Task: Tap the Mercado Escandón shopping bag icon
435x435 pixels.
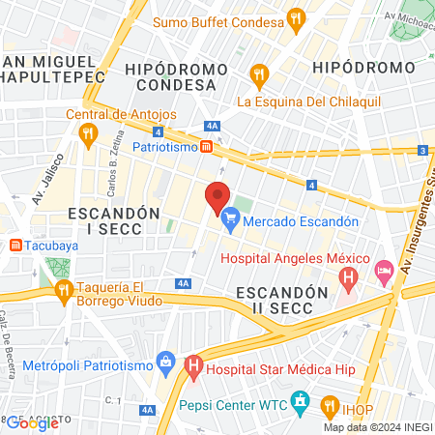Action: [x=230, y=221]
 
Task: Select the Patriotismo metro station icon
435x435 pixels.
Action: [x=206, y=148]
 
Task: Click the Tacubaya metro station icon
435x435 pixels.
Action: [x=15, y=245]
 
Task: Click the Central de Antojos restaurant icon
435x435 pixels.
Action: [x=88, y=133]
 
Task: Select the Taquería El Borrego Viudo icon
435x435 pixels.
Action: [x=64, y=288]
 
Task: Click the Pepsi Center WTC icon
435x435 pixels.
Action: [x=300, y=400]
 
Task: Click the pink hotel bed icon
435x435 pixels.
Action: [x=384, y=270]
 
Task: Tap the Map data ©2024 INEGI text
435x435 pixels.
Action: [x=377, y=427]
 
